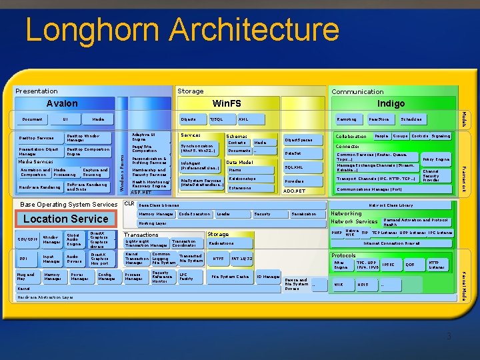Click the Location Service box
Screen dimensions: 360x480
click(x=65, y=219)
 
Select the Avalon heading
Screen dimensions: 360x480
click(x=62, y=103)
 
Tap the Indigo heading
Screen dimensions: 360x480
click(x=391, y=103)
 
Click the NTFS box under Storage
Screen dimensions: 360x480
click(x=218, y=258)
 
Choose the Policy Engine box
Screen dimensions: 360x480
click(x=437, y=160)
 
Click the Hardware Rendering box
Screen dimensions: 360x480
click(x=39, y=187)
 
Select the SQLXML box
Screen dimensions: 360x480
click(x=294, y=167)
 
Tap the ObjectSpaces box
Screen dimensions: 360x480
click(x=298, y=140)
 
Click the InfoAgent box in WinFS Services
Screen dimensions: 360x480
click(x=201, y=165)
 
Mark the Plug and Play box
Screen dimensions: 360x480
click(x=26, y=276)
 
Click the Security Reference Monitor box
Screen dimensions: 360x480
click(x=162, y=277)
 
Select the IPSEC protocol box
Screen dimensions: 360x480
click(x=389, y=265)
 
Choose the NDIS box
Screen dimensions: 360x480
click(x=363, y=285)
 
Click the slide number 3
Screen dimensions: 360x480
click(x=449, y=337)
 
